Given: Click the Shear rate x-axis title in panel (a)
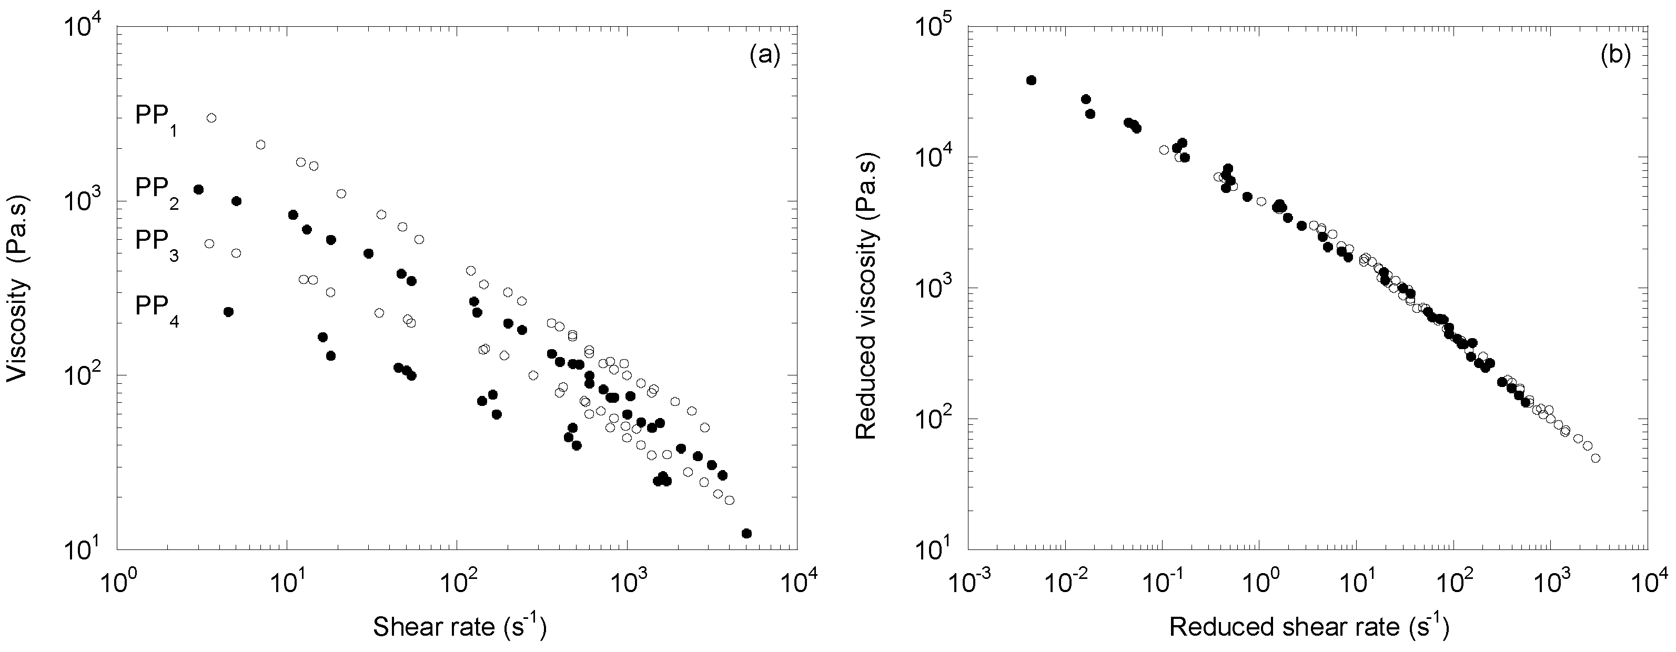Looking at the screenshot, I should pyautogui.click(x=459, y=627).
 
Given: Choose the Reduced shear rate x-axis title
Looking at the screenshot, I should pyautogui.click(x=1308, y=627).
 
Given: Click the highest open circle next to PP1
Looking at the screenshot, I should pyautogui.click(x=211, y=118).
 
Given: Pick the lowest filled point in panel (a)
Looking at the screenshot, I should pyautogui.click(x=746, y=534).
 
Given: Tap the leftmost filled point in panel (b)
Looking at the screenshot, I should pyautogui.click(x=1031, y=80).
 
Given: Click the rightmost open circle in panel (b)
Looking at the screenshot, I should pyautogui.click(x=1596, y=459).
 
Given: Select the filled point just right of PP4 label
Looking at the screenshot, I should pyautogui.click(x=228, y=312).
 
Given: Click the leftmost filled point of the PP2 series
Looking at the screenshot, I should pyautogui.click(x=198, y=189).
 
